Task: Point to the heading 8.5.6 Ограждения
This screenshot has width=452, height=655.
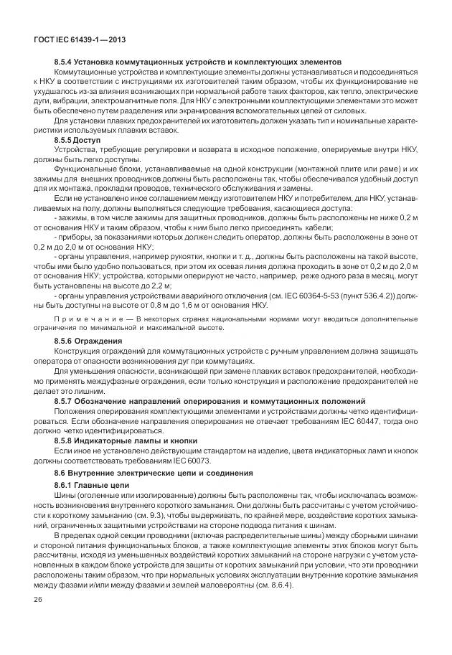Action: pos(88,339)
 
